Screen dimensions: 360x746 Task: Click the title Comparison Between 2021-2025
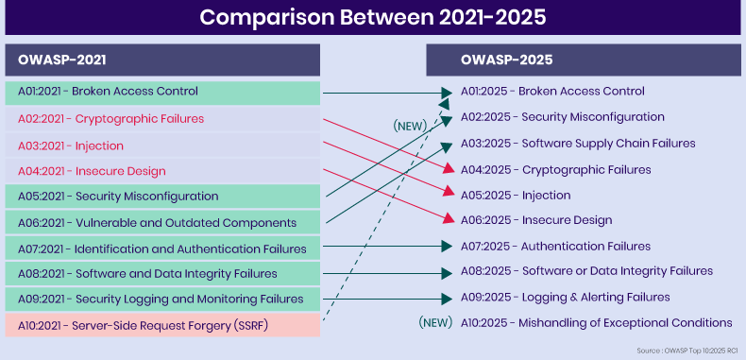(372, 18)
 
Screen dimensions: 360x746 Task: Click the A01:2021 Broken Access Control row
(162, 92)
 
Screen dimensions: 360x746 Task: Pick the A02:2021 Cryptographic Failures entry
(162, 119)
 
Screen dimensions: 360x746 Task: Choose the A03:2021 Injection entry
(162, 146)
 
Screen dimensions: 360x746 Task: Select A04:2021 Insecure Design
(162, 171)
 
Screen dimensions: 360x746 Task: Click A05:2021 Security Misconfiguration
(162, 197)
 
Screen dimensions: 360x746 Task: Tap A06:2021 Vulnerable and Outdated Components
(162, 223)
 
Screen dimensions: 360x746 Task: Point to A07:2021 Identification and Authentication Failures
(162, 249)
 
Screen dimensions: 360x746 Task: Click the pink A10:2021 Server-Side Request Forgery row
(162, 325)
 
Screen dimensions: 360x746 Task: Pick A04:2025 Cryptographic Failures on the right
(555, 169)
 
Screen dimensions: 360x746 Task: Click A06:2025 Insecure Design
(535, 220)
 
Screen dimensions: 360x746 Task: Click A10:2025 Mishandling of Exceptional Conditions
(596, 323)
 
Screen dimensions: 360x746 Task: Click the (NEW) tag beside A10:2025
(435, 323)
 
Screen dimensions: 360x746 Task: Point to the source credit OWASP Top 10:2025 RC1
(692, 350)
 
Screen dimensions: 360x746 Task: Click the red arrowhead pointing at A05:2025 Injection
(448, 194)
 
